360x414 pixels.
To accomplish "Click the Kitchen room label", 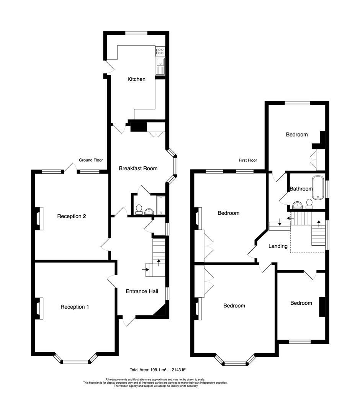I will click(x=136, y=79).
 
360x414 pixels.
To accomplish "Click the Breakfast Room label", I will click(x=138, y=168).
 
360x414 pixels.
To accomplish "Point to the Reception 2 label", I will click(x=71, y=216).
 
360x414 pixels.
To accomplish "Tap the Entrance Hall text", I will click(x=142, y=291).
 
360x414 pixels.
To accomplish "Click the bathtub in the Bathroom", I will click(x=318, y=187).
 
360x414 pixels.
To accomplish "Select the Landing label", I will click(x=278, y=246).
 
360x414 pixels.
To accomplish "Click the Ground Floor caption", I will click(x=91, y=160).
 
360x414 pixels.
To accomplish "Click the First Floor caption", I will click(x=247, y=160).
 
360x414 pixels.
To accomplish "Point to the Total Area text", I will click(x=157, y=370).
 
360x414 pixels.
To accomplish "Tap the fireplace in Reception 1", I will click(x=39, y=308).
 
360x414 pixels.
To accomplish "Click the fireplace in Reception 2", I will click(x=39, y=219).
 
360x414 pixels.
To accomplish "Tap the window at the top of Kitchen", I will click(x=136, y=33).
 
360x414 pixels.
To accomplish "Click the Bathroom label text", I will click(x=301, y=189).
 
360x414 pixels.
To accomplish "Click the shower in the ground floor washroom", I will click(x=160, y=204).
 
